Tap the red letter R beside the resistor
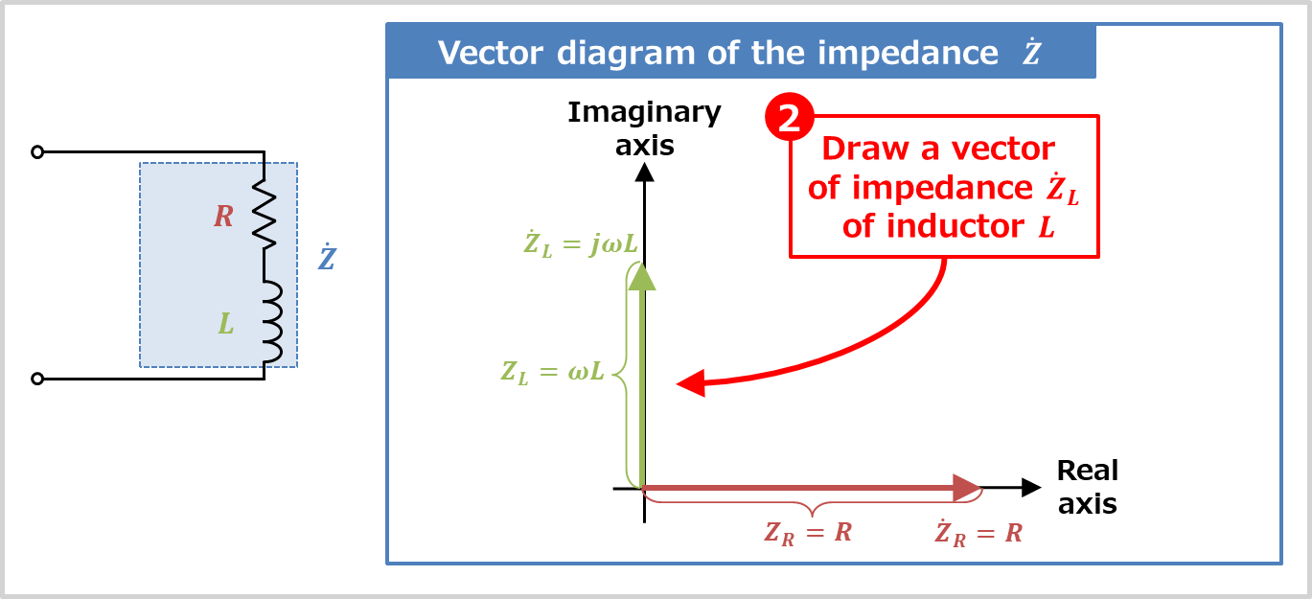coord(223,217)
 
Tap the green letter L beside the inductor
coord(226,324)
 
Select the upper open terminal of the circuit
coord(37,151)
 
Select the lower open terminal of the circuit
coord(37,379)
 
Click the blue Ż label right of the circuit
coord(327,259)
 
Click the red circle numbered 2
coord(789,118)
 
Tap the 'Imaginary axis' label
coord(644,127)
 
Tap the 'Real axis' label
coord(1087,487)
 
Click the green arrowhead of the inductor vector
coord(642,276)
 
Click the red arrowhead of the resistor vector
coord(966,488)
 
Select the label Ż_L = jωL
coord(581,243)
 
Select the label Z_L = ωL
coord(553,372)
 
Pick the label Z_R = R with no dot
coord(808,533)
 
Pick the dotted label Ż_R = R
coord(978,533)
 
